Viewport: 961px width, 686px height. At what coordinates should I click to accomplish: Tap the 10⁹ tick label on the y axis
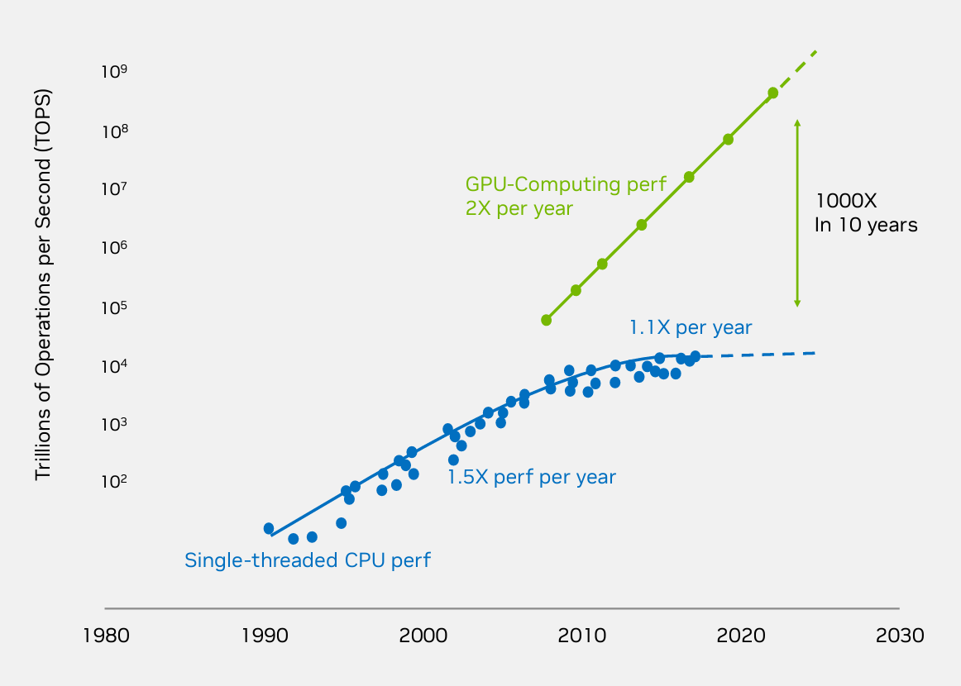(113, 73)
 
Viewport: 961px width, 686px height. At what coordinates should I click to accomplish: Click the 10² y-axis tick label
(113, 482)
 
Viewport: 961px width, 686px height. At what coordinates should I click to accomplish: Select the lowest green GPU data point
(546, 320)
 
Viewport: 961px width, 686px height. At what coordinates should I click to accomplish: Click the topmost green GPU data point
(772, 93)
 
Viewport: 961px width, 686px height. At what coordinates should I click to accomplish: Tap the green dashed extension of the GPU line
(800, 66)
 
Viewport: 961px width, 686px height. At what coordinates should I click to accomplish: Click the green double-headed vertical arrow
(797, 213)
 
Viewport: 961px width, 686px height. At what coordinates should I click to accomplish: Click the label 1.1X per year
(691, 328)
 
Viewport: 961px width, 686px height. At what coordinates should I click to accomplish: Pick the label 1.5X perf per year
(531, 477)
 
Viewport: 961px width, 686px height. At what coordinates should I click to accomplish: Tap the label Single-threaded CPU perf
(307, 560)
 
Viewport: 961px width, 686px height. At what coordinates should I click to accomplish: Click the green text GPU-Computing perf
(565, 183)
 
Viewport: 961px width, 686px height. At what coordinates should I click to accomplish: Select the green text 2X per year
(519, 208)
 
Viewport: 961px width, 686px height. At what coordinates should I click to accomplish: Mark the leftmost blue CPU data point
(269, 528)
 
